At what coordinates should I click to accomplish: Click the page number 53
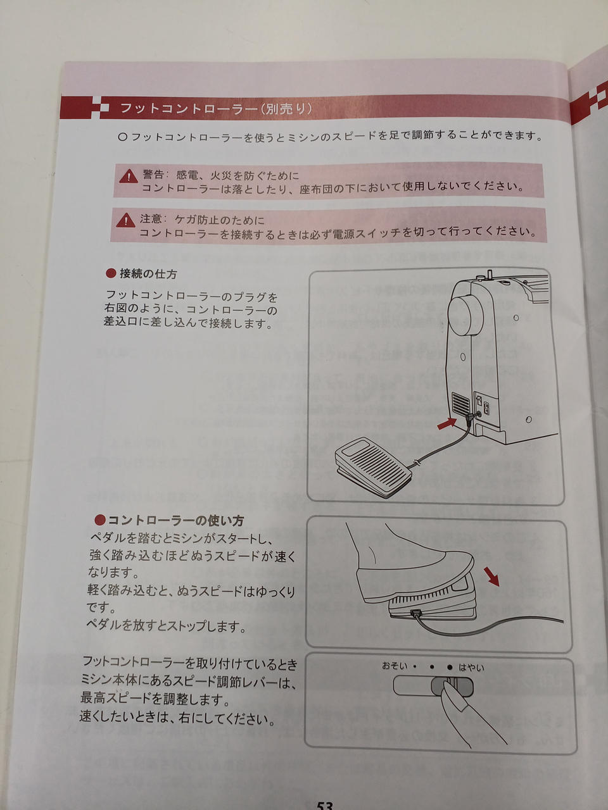tap(324, 804)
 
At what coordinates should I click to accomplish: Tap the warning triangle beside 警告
tap(129, 177)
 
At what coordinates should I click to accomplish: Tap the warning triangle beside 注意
tap(125, 220)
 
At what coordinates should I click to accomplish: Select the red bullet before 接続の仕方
tap(111, 273)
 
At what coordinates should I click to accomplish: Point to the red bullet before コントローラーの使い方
tap(99, 520)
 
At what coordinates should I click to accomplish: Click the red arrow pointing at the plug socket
tap(447, 423)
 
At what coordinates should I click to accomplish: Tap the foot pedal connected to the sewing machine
tap(373, 466)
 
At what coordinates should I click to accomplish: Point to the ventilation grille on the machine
tap(460, 403)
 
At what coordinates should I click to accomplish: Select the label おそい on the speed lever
tap(395, 666)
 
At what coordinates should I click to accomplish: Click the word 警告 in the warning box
tap(153, 174)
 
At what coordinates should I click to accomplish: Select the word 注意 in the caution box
tap(151, 218)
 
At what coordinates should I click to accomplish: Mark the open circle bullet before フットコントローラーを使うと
tap(123, 137)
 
